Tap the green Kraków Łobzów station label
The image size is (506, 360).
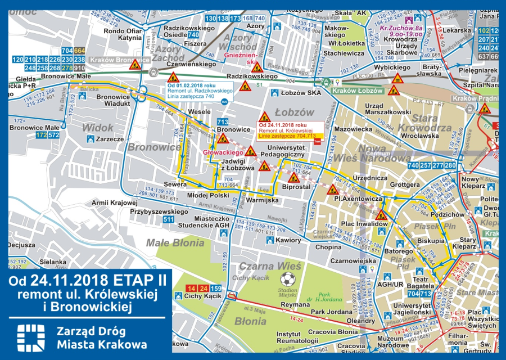coord(357,91)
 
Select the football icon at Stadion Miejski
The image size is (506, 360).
coord(288,279)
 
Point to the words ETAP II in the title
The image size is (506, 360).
coord(125,280)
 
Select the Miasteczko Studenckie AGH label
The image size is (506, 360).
coord(219,222)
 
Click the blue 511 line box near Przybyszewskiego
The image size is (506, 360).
coord(168,220)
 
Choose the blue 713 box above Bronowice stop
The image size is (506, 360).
coord(223,122)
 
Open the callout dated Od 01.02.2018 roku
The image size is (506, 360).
coord(199,91)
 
